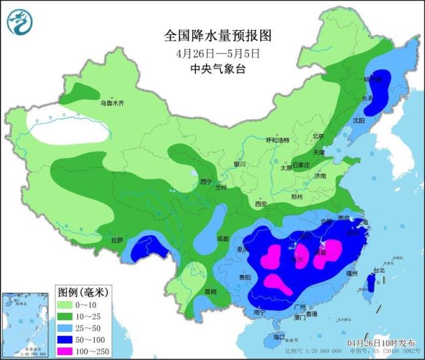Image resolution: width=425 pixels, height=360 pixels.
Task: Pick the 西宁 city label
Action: [x=207, y=181]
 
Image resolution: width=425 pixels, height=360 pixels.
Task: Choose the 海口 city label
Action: [x=280, y=336]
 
